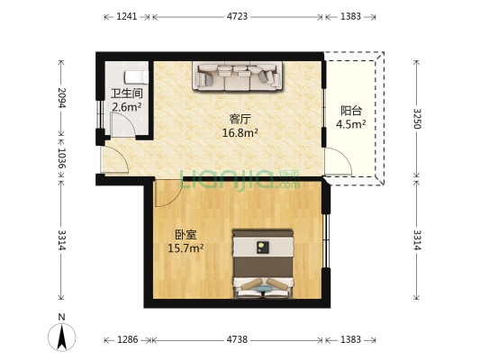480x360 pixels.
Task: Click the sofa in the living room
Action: pos(237,76)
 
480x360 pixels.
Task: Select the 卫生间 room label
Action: pos(126,94)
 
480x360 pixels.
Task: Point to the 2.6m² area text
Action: pos(126,107)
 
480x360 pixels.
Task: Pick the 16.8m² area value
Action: pos(240,133)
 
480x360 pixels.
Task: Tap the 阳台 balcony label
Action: pos(351,111)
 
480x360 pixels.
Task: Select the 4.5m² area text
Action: pos(351,124)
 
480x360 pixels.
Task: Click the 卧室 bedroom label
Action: pos(186,234)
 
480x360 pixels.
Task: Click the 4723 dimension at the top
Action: pos(238,16)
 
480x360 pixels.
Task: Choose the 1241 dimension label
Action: pos(127,16)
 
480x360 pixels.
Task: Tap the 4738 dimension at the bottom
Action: pos(238,340)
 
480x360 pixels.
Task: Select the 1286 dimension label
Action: pos(127,340)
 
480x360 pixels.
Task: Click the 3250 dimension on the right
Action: pos(416,118)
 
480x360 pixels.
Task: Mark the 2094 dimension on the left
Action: pos(62,97)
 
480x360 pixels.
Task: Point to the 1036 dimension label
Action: pos(62,158)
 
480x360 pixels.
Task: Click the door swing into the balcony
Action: pos(339,163)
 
